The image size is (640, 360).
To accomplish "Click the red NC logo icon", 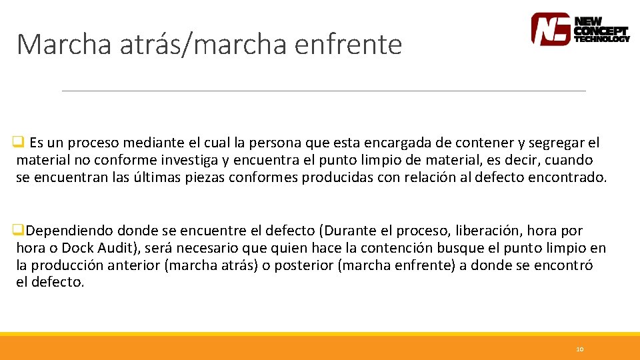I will pyautogui.click(x=551, y=29).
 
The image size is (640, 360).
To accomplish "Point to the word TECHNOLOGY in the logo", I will pyautogui.click(x=602, y=39).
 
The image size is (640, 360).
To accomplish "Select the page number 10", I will pyautogui.click(x=579, y=349).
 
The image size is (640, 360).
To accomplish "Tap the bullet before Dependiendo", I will pyautogui.click(x=20, y=231).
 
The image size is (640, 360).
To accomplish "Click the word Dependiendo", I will pyautogui.click(x=69, y=231).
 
